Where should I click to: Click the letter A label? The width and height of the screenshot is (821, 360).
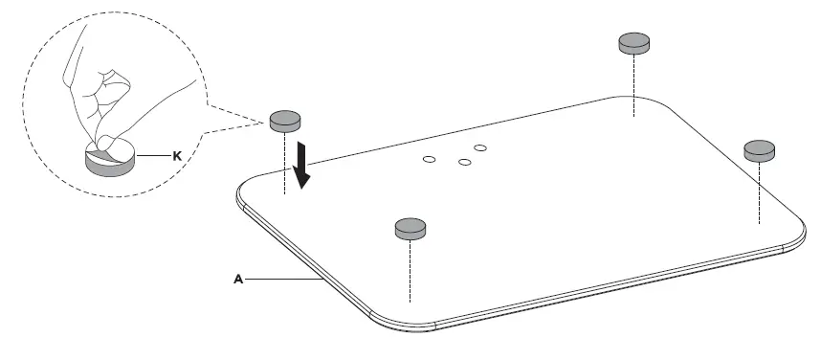point(238,279)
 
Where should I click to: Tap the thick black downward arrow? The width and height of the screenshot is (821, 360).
point(303,165)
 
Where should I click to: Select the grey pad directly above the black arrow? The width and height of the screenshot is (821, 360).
point(285,120)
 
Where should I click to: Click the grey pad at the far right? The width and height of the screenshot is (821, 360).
point(761,148)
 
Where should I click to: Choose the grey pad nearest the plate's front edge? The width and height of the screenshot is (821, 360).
point(410,227)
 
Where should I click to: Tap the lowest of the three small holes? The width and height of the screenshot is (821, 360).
point(465,163)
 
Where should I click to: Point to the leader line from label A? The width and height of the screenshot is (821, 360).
point(282,279)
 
